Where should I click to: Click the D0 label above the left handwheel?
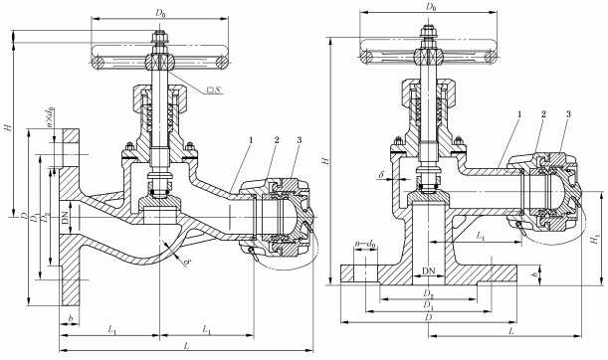160,12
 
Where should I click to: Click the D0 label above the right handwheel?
431,7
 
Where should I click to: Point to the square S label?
214,90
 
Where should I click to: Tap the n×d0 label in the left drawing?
50,117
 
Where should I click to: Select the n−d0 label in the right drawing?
365,244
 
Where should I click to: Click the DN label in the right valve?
428,270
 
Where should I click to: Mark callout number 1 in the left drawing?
251,140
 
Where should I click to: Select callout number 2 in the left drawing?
277,140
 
